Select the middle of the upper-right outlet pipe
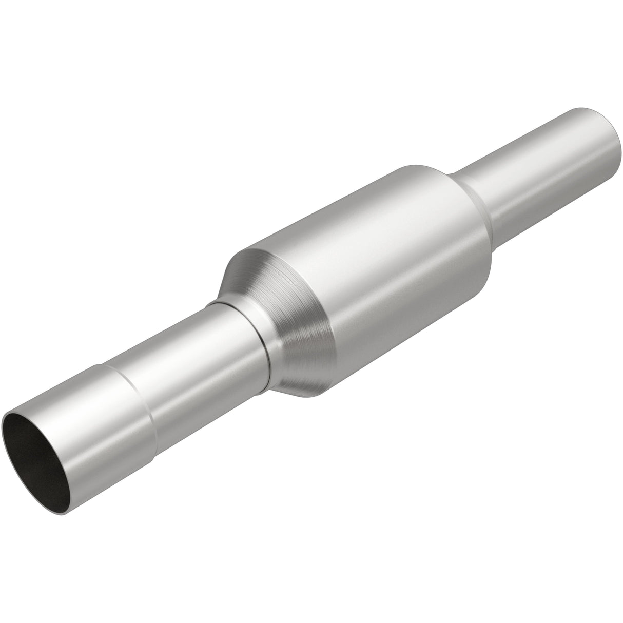coord(544,164)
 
